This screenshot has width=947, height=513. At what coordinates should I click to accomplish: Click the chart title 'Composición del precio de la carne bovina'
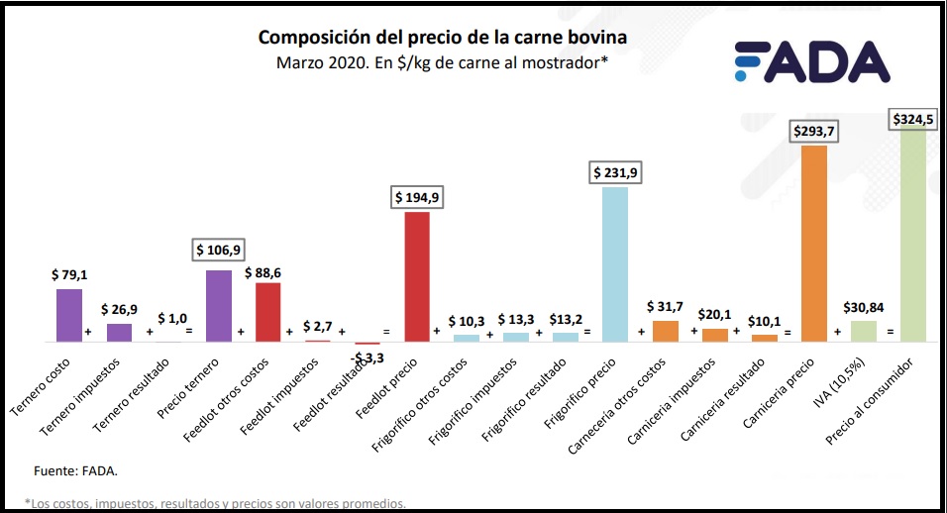[x=443, y=38]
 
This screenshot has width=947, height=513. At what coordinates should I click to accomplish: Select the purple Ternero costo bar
[x=69, y=315]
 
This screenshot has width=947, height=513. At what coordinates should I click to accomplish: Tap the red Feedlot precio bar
[x=416, y=276]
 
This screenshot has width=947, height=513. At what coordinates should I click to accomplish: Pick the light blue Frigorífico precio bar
[x=615, y=263]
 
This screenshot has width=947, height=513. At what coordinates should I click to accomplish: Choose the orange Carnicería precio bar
[x=813, y=243]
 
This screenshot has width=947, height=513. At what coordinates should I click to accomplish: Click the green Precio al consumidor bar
[x=912, y=233]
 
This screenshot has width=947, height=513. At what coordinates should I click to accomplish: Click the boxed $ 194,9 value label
[x=417, y=197]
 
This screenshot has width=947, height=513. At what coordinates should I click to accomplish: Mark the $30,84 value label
[x=863, y=307]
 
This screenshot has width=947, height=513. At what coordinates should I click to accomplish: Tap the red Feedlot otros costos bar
[x=268, y=312]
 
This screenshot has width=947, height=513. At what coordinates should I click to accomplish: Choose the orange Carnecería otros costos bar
[x=666, y=331]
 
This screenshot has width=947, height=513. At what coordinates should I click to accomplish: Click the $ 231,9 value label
[x=615, y=171]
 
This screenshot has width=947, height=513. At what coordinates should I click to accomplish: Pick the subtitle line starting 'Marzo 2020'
[x=442, y=65]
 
